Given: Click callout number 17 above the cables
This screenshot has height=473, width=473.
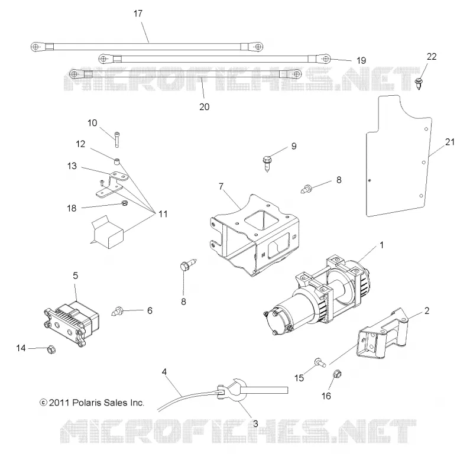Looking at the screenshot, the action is tap(138, 14).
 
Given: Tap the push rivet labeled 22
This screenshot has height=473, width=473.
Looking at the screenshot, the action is tap(419, 83).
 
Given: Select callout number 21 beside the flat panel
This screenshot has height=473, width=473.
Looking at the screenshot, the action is tap(449, 142).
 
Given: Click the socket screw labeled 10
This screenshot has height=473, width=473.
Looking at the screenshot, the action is tap(117, 140).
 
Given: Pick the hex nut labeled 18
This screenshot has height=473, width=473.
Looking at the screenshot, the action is tap(124, 203).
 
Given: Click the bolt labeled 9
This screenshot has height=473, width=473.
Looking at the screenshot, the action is tap(267, 163).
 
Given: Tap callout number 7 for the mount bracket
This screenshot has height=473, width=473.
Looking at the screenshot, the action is tap(221, 186).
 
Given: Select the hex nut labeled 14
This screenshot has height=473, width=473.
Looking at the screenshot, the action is tap(51, 349).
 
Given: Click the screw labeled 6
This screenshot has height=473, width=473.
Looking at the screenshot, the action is tap(118, 310).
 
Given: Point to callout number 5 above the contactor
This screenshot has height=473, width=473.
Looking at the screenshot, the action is tap(76, 276).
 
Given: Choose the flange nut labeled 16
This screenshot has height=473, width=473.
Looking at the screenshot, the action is tap(337, 374).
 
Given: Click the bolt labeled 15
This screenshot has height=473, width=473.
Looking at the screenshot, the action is tap(320, 362).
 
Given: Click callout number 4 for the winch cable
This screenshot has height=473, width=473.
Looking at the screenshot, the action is tap(164, 372).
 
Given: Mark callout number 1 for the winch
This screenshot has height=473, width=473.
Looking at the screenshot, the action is tap(381, 245).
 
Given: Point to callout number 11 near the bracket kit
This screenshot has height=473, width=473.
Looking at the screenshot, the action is tap(163, 214).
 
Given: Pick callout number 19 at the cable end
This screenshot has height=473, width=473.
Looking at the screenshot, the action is tap(361, 61).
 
